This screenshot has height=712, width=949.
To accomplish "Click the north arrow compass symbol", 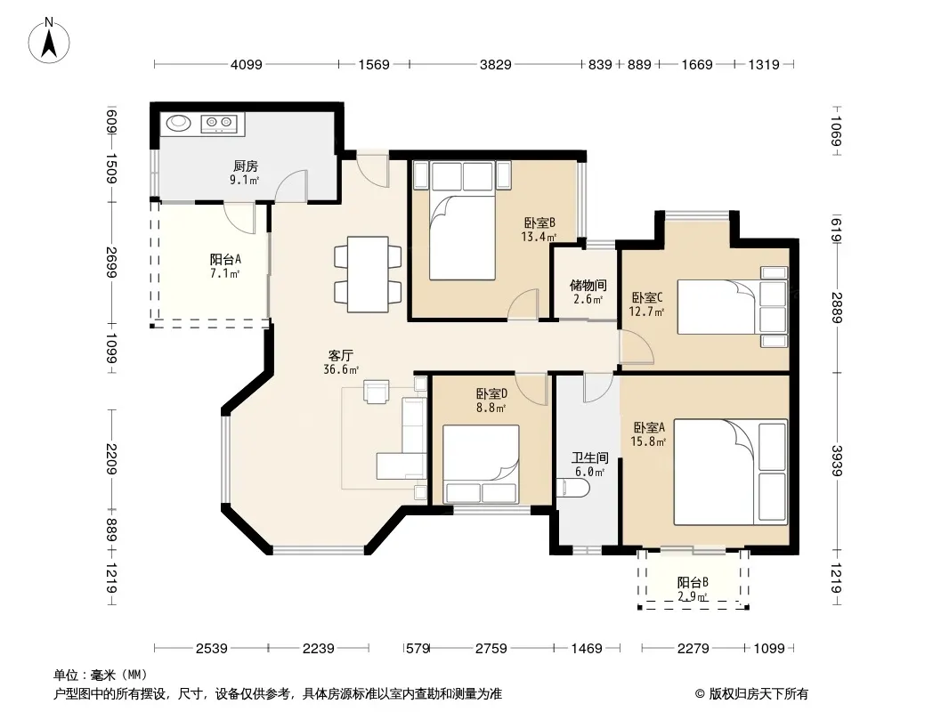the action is click(x=49, y=41).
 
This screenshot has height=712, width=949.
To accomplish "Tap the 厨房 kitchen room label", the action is click(x=245, y=166).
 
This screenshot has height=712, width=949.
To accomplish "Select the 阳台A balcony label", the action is click(x=225, y=260).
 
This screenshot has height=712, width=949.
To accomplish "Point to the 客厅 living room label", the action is click(x=341, y=356).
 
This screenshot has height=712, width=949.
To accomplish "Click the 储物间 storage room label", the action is click(x=588, y=285).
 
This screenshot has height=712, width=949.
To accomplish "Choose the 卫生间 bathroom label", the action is click(x=589, y=458).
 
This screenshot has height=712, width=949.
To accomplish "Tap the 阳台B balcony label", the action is click(x=693, y=583).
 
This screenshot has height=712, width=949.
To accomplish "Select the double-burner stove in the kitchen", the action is click(x=218, y=123).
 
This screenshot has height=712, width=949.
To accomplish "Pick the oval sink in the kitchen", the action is click(x=179, y=123).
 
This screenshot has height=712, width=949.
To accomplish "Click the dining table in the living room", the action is click(x=368, y=274).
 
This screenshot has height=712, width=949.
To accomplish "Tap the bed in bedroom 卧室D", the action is click(x=481, y=464).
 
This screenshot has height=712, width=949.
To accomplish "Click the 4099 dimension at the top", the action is click(x=247, y=64).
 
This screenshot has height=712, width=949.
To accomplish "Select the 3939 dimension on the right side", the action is click(x=836, y=461).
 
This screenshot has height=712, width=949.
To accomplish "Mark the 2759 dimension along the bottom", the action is click(x=491, y=649).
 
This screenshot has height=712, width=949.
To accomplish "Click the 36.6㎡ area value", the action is click(x=341, y=369).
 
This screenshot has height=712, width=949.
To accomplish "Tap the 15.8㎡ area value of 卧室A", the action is click(x=648, y=441).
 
